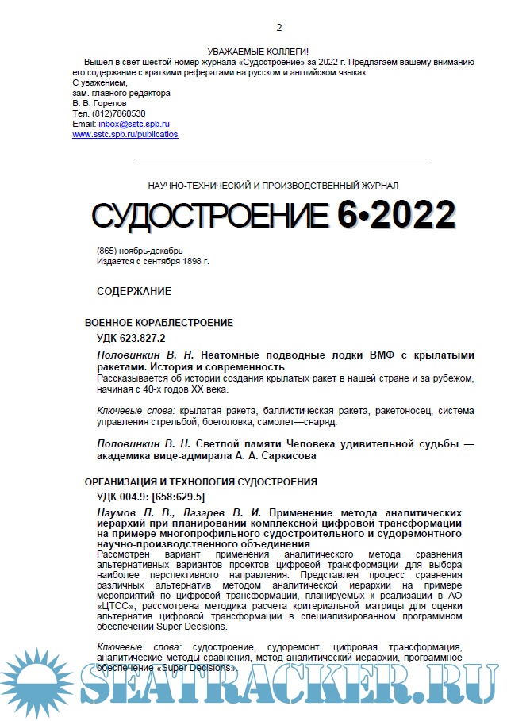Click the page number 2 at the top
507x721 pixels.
256,28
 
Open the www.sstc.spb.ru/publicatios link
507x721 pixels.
125,134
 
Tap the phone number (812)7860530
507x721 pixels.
117,113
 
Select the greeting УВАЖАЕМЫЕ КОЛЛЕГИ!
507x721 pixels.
257,52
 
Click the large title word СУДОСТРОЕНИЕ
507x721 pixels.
209,216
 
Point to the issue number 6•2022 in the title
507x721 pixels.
396,215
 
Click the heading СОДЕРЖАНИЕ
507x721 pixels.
134,291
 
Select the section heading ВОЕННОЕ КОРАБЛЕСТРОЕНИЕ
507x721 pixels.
159,323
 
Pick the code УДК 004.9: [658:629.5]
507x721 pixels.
151,497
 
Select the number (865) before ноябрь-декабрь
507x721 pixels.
107,251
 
